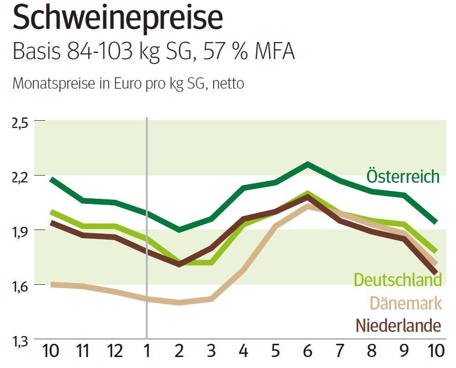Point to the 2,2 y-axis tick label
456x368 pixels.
click(x=21, y=176)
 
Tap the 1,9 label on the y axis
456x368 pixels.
click(x=21, y=230)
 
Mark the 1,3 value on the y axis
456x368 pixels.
click(x=21, y=341)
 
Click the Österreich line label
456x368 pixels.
click(x=403, y=176)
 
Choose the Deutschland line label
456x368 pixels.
click(x=397, y=280)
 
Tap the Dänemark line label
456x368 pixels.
click(x=406, y=303)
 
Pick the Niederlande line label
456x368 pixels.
click(x=398, y=326)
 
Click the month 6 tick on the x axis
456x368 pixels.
click(x=307, y=351)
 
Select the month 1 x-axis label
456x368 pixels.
click(x=147, y=351)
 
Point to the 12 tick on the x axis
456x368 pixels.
click(x=115, y=351)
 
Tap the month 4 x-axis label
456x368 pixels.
click(x=243, y=351)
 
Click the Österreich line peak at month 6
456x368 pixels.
click(x=308, y=164)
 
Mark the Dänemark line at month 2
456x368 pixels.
click(x=179, y=303)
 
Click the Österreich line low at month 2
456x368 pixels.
click(x=179, y=229)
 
